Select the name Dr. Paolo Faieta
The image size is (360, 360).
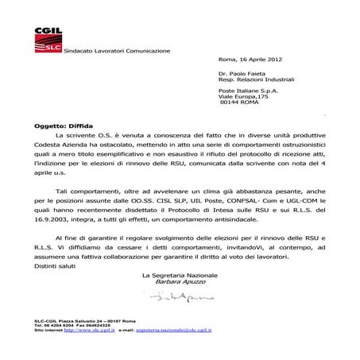point(246,73)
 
